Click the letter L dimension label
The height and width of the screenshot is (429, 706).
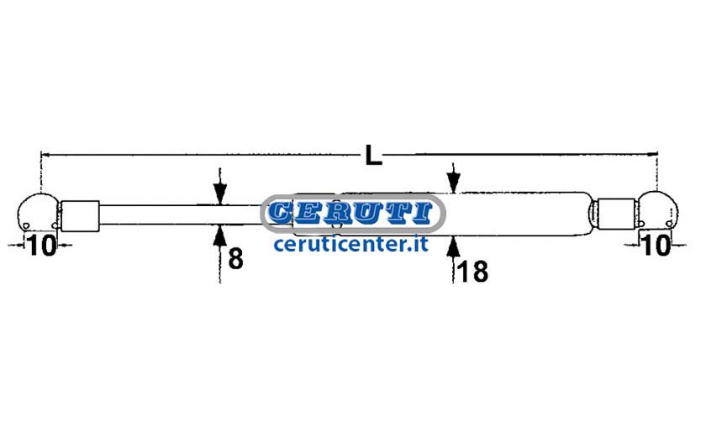click(x=373, y=155)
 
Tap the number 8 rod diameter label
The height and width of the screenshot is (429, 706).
click(x=235, y=259)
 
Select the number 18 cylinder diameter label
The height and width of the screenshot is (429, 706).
click(x=472, y=272)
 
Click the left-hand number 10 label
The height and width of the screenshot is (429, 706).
click(x=42, y=245)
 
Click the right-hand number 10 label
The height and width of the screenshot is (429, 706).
click(x=657, y=245)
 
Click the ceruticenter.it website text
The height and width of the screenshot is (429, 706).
click(x=350, y=244)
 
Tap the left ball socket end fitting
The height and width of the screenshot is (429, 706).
click(x=38, y=213)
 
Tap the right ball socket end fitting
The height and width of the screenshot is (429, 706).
click(x=658, y=210)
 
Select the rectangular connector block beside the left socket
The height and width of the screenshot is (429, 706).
click(x=80, y=216)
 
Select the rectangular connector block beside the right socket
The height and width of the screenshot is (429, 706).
click(x=616, y=214)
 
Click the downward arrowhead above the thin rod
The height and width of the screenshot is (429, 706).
click(x=219, y=193)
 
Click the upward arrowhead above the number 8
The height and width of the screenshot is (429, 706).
click(x=219, y=236)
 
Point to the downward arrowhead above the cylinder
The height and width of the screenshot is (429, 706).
click(x=453, y=183)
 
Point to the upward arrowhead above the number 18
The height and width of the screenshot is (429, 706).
click(x=453, y=247)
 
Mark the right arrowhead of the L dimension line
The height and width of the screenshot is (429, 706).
click(x=652, y=154)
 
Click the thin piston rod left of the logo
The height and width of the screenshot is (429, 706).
click(x=180, y=215)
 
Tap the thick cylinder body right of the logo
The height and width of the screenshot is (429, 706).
click(x=518, y=214)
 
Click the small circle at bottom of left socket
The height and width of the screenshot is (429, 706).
click(x=26, y=225)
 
